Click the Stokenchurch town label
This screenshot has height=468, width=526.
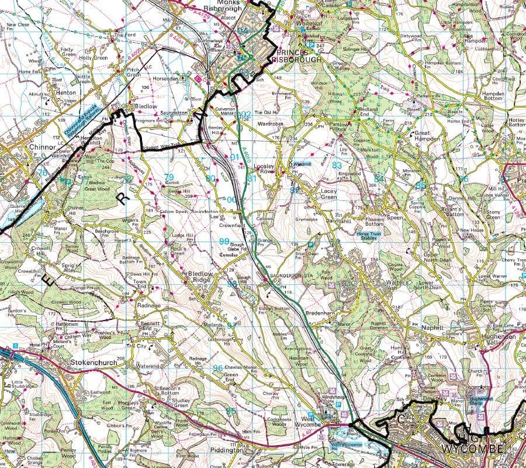(x=94, y=363)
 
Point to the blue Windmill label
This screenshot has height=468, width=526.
(x=303, y=164)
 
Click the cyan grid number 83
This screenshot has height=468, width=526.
(x=337, y=166)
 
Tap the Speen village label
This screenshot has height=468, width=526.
(x=395, y=216)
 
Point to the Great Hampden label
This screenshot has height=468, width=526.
(x=429, y=137)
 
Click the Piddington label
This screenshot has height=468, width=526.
(x=227, y=450)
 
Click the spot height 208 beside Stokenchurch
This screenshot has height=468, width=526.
(x=120, y=358)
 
